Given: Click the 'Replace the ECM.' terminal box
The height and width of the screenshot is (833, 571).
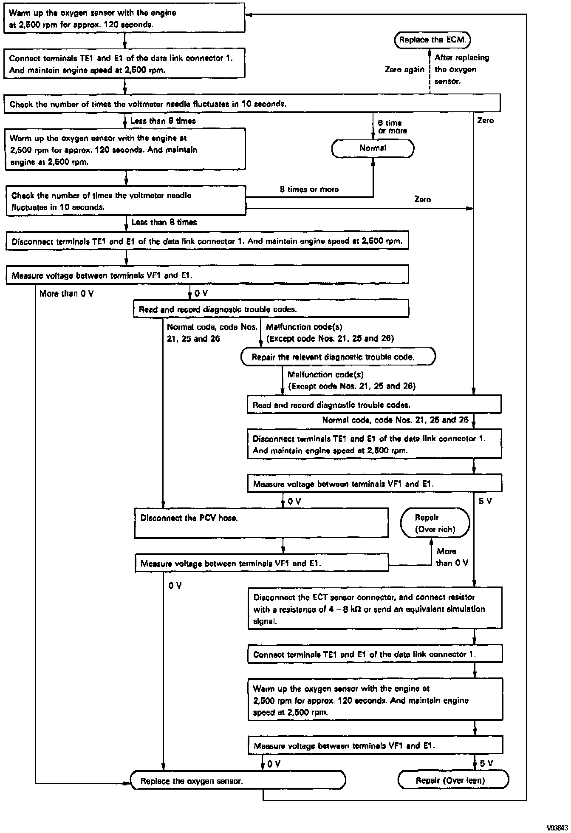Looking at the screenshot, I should [432, 40].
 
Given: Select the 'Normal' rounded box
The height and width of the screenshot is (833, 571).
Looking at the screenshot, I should [373, 148].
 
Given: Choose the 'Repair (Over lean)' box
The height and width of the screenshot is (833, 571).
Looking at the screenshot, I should [453, 780].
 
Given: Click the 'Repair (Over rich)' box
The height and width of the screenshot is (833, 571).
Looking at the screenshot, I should [435, 524].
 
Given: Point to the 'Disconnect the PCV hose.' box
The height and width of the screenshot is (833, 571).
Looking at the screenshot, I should [261, 523].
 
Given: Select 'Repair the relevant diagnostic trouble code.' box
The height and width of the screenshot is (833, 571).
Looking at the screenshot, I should [338, 357].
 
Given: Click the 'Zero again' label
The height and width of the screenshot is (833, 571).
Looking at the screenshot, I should [404, 70].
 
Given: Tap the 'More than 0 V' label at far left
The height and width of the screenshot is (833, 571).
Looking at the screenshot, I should [66, 293].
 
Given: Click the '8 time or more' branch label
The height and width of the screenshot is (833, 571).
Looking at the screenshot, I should [392, 127].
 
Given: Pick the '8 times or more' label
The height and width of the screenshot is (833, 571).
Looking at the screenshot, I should [309, 190].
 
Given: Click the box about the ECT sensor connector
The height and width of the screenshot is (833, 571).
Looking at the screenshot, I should [375, 608].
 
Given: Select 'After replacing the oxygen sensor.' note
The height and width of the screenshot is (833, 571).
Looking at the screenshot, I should [461, 69].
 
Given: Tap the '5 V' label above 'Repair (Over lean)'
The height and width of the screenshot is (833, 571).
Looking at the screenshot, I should [486, 763].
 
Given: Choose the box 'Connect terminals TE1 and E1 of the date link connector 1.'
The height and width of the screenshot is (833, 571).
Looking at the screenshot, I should [375, 654].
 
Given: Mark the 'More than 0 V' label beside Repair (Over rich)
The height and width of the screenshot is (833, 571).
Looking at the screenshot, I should [452, 557].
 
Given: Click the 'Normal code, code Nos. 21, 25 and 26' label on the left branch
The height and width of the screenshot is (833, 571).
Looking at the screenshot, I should [212, 333].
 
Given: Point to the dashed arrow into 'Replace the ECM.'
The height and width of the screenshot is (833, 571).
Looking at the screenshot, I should [430, 70].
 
